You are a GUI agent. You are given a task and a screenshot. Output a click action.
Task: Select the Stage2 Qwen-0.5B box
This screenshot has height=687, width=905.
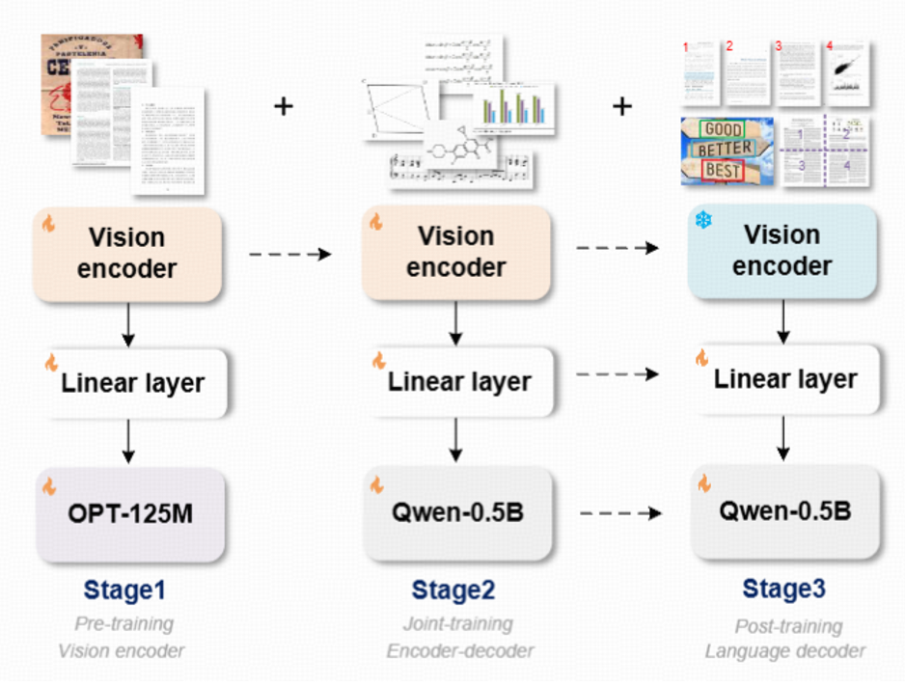click(457, 512)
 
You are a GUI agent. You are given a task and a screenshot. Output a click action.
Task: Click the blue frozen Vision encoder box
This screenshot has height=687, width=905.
click(782, 251)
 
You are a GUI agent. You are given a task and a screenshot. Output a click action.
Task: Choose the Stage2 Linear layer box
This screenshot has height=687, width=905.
click(458, 381)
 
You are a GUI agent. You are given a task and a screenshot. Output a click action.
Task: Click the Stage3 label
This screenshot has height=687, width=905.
click(783, 589)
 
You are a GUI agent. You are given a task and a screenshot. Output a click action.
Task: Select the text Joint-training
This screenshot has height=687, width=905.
click(458, 624)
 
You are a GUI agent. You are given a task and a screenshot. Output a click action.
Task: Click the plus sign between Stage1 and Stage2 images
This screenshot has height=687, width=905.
click(283, 105)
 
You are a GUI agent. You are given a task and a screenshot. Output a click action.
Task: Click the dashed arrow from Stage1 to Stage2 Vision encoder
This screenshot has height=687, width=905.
click(288, 254)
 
